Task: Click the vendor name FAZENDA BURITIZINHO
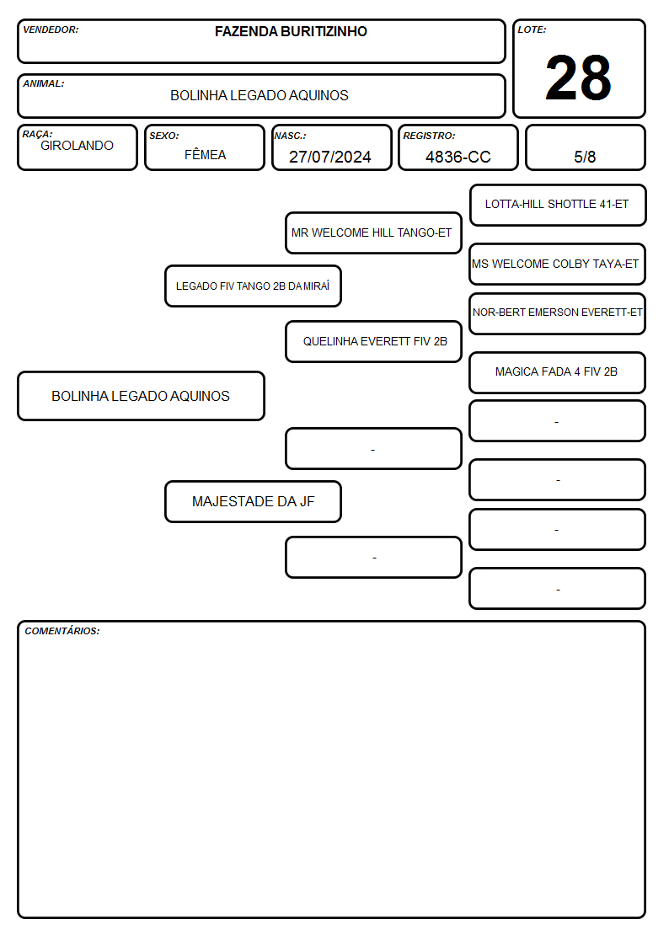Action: pos(291,31)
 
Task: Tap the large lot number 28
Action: pos(578,77)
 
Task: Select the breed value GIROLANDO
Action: pos(77,146)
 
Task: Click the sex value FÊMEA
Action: pos(205,154)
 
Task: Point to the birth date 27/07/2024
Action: pos(330,157)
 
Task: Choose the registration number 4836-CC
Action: pos(458,157)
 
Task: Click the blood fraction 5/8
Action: pos(585,157)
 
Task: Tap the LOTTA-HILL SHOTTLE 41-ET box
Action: pos(558,206)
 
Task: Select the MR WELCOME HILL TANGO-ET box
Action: pos(373,232)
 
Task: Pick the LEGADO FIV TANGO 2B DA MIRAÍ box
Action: pos(253,286)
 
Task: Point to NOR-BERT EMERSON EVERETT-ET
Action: pos(558,313)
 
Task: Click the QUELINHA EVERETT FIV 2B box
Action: pos(373,341)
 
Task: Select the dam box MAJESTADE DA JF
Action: pos(253,501)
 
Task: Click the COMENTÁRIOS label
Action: pos(62,631)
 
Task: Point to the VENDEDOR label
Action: pos(51,29)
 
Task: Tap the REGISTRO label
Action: pos(429,136)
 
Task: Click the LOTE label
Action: pos(532,29)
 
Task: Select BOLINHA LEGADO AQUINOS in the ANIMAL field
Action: pos(260,95)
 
